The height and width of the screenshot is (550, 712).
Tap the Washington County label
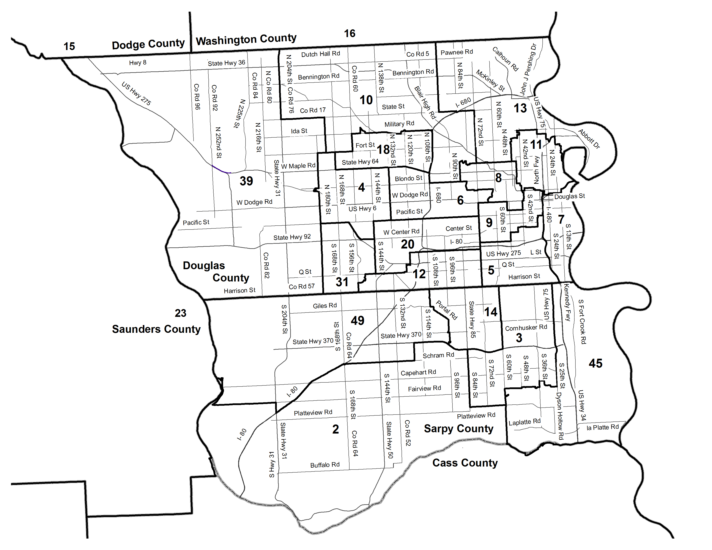point(246,40)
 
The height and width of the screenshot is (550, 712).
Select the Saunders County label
point(156,329)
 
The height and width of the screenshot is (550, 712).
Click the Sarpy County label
point(459,429)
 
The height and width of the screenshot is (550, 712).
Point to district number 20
point(408,244)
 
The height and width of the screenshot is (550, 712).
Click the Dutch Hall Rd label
point(320,54)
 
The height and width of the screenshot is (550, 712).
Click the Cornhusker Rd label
point(526,327)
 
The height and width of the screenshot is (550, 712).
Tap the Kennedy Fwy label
point(567,302)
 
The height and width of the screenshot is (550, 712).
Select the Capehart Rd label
point(418,372)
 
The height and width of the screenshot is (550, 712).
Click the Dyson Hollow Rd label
point(560,416)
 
